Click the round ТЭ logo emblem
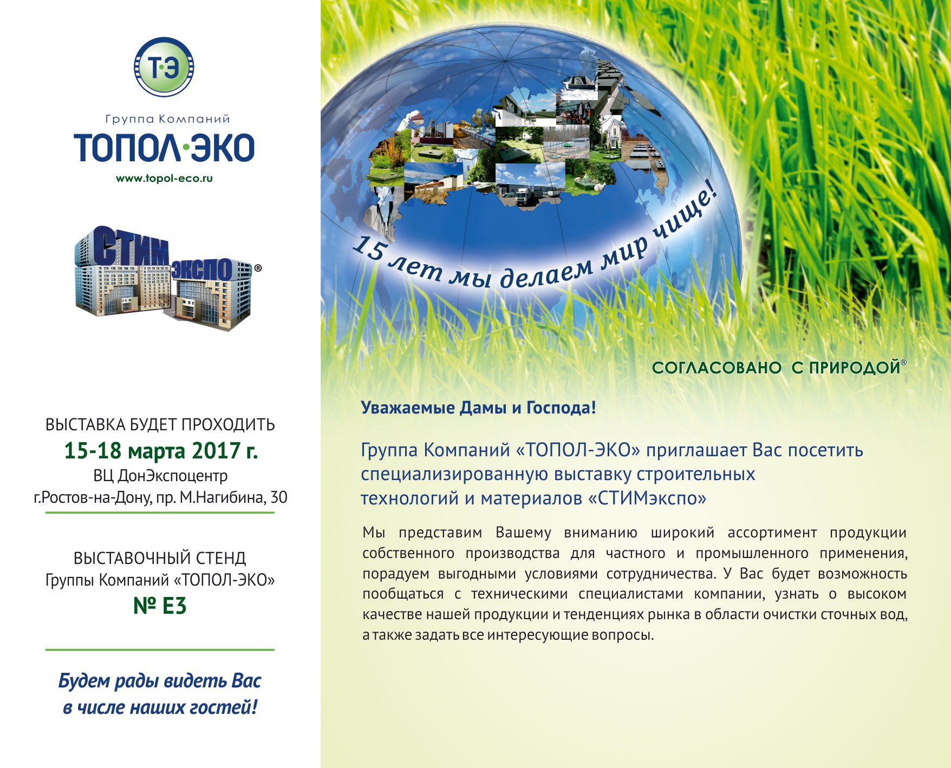pos(164,67)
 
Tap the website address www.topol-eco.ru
pos(164,178)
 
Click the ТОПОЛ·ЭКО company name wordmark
pos(164,148)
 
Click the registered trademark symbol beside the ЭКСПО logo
pos(258,268)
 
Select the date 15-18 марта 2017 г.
pos(161,450)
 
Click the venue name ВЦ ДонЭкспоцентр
pos(160,476)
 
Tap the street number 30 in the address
pos(279,497)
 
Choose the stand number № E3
pos(160,606)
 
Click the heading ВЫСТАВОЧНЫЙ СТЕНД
pos(160,558)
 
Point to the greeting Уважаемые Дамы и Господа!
pos(478,408)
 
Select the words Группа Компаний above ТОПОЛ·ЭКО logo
pos(167,119)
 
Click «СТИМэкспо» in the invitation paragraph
pos(647,498)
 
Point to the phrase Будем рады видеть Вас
pos(160,681)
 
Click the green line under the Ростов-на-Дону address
pos(160,512)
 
